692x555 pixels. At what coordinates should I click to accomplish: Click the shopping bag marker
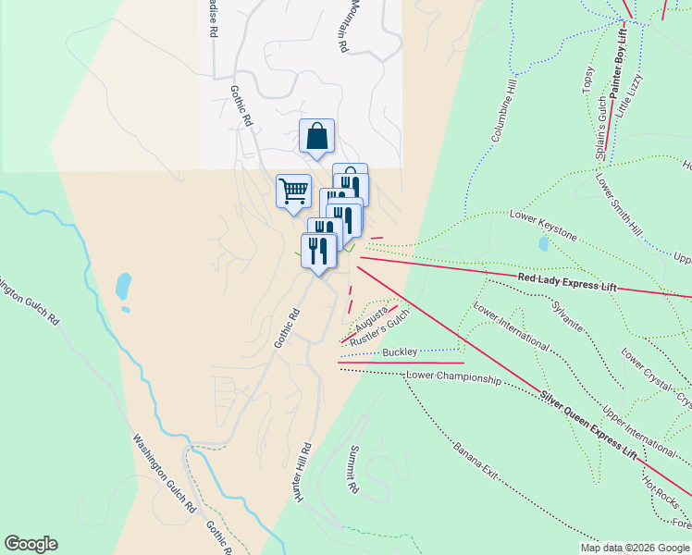coord(316,137)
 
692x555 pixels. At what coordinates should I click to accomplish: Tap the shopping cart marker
coord(293,191)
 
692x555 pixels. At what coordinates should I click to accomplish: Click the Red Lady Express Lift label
coord(567,282)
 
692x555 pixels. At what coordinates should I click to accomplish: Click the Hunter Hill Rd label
coord(303,473)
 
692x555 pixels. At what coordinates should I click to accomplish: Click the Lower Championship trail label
coord(453,379)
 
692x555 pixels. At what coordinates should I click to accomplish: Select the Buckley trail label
coord(400,352)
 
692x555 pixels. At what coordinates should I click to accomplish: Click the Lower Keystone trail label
coord(543,226)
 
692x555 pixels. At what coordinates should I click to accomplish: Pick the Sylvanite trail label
coord(565,315)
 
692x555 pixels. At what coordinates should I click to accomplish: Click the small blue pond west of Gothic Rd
coord(123,288)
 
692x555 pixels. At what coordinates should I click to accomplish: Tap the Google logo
coord(31,544)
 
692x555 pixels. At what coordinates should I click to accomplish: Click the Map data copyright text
coord(635,548)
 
